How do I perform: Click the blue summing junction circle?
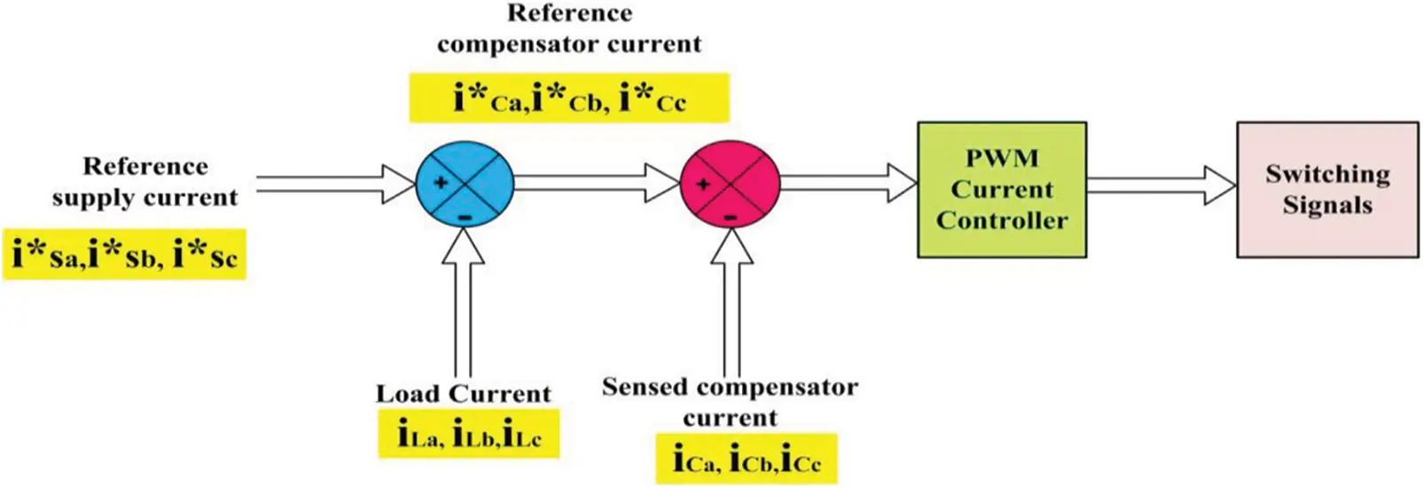coord(465,184)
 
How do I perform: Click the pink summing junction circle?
coord(729,185)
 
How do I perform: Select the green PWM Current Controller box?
coord(1001,190)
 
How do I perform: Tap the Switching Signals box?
coord(1326,190)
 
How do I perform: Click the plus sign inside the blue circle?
coord(440,183)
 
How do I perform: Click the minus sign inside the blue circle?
coord(465,216)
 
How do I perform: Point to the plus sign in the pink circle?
coord(703,185)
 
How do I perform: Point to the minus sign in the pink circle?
coord(730,216)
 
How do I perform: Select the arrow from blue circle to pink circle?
coord(597,183)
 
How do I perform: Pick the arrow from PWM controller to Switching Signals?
coord(1161,185)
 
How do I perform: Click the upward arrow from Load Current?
coord(463,302)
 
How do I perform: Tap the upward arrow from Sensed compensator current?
coord(731,302)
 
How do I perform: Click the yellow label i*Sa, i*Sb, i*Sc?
coord(124,256)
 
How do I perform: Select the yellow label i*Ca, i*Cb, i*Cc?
coord(568,98)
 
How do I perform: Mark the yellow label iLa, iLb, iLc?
coord(468,434)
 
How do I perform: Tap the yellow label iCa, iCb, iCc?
coord(746,459)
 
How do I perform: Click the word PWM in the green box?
coord(1001,159)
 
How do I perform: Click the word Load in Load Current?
coord(408,394)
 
